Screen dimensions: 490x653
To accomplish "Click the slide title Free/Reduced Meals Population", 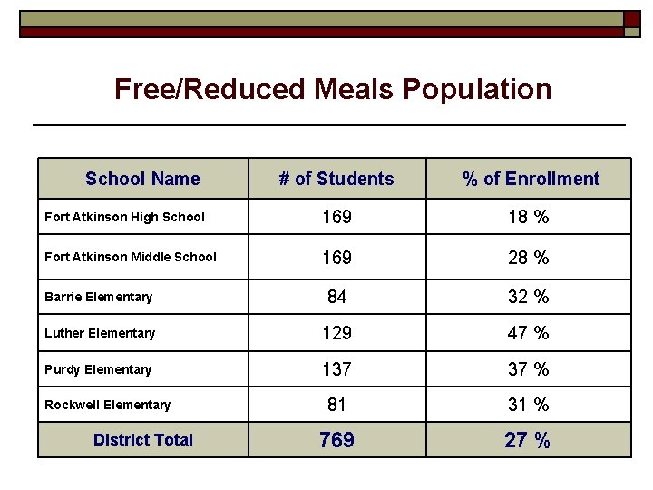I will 333,89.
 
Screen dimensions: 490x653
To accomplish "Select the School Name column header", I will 142,179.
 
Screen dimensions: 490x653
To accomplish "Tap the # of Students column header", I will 336,179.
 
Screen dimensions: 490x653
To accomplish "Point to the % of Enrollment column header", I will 531,179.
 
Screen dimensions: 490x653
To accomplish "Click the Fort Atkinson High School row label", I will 124,217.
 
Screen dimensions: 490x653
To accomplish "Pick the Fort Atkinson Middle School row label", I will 131,257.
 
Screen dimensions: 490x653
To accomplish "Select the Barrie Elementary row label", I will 98,297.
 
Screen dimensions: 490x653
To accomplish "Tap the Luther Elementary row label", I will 100,333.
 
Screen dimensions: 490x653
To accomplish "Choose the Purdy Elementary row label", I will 98,369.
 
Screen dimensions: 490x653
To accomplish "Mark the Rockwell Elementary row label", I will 107,405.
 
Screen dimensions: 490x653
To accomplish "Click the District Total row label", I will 143,440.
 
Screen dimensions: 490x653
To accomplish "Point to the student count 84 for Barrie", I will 336,297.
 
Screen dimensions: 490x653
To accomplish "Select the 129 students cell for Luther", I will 336,333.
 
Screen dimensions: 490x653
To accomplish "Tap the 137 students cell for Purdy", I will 336,369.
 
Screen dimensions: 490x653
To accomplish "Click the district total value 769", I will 336,441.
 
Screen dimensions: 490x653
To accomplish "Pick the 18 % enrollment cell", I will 529,218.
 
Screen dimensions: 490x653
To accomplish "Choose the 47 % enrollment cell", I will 529,333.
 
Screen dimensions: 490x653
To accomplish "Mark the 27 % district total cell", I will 529,441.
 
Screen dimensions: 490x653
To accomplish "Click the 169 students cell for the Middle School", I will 336,258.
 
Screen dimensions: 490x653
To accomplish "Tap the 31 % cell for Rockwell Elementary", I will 529,405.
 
